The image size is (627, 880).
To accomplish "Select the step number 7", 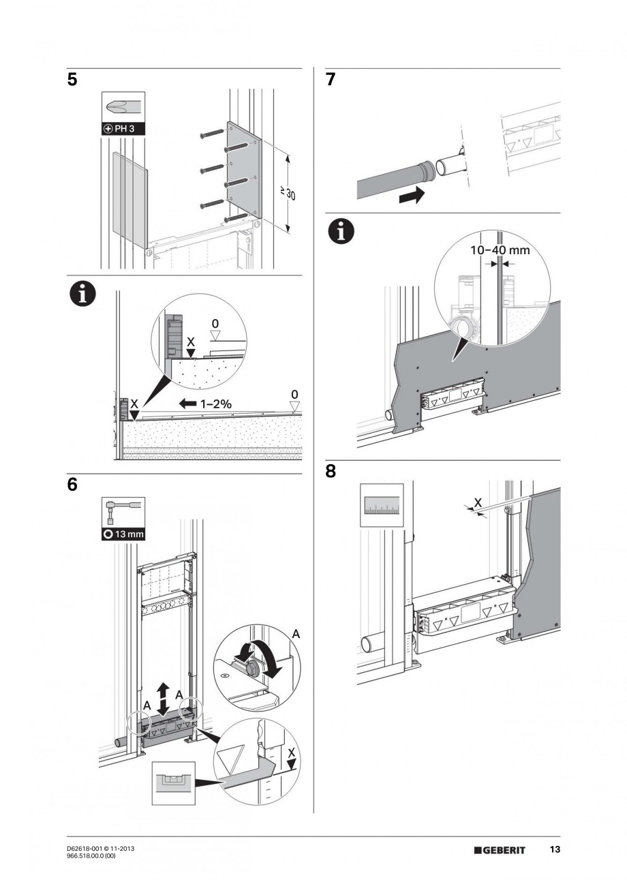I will click(x=331, y=80).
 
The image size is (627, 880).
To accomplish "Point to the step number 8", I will click(x=331, y=471).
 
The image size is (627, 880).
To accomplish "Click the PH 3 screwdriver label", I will click(x=123, y=128).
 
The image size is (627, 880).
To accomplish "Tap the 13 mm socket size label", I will click(x=123, y=534).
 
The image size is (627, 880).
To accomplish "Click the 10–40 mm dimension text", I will click(x=500, y=250).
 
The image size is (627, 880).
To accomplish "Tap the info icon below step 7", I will click(x=341, y=232).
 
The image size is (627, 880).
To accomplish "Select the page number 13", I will click(x=555, y=849).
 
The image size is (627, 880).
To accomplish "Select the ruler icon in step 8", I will click(x=382, y=505).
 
